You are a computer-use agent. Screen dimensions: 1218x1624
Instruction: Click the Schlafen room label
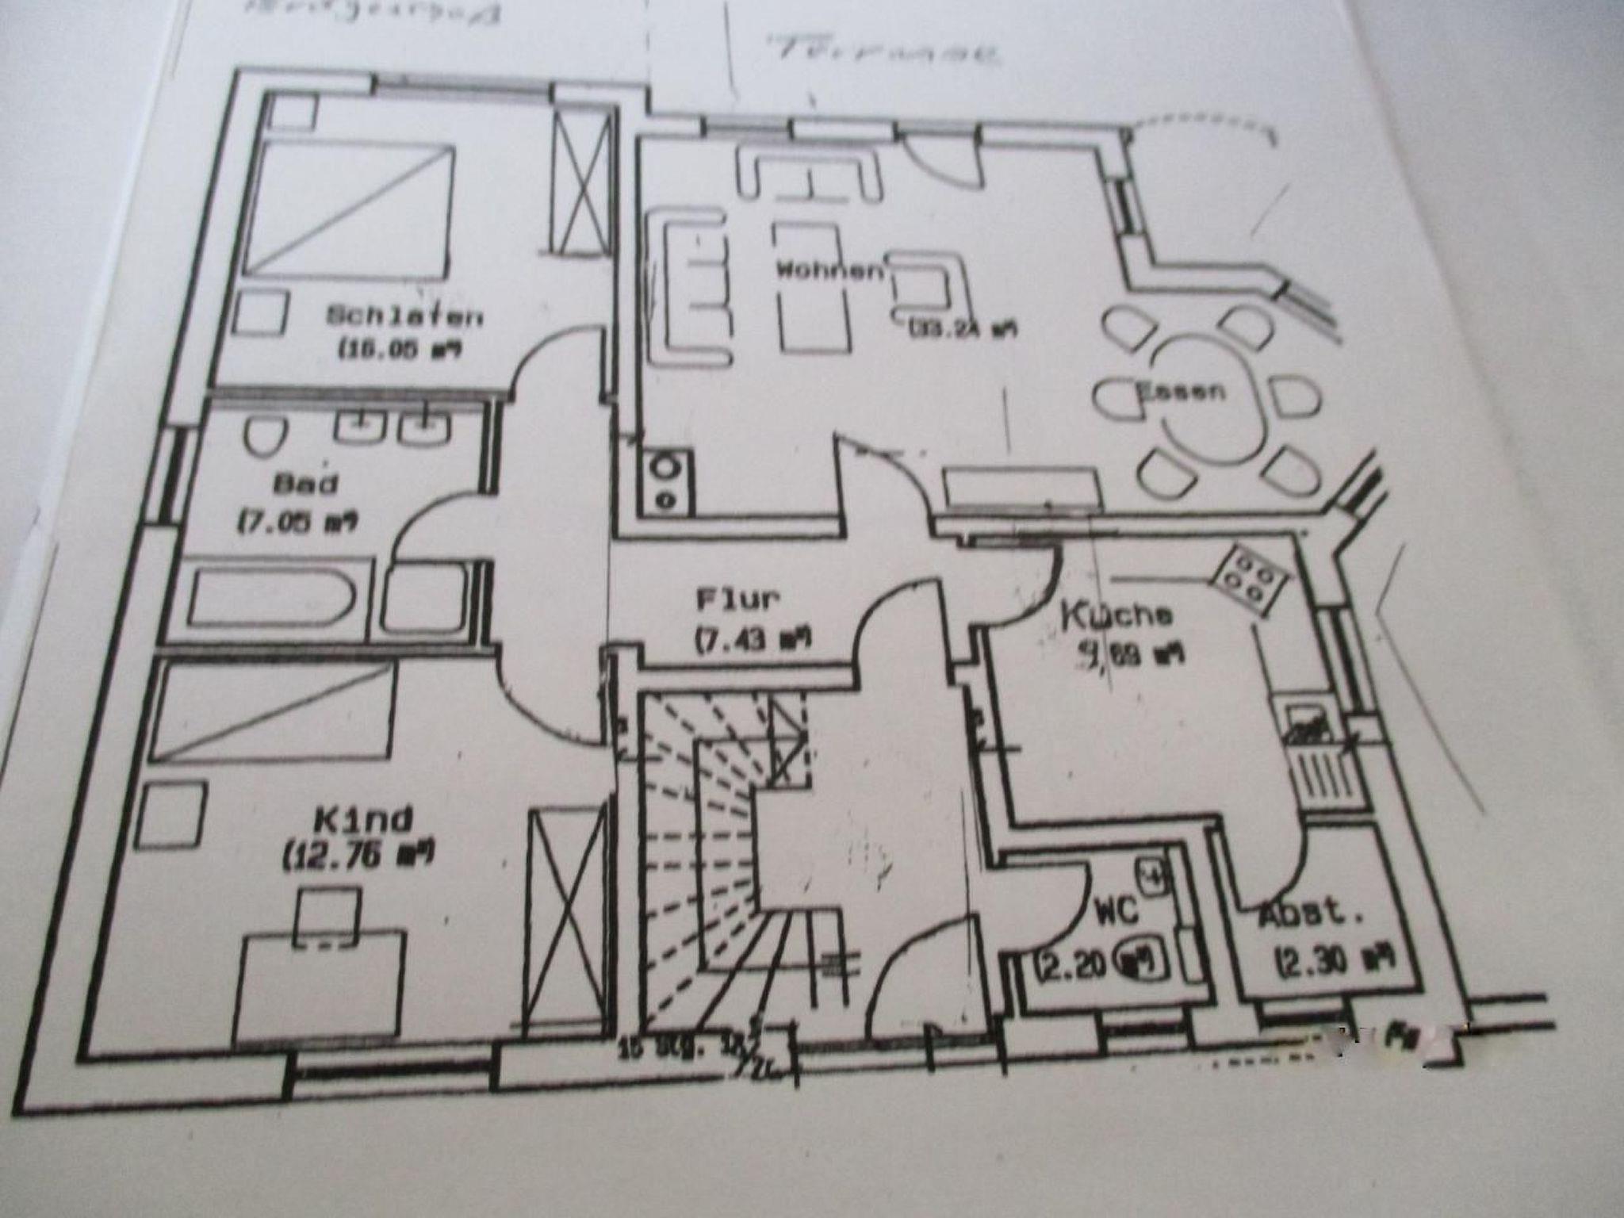point(404,316)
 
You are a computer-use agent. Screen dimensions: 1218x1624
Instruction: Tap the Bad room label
point(305,483)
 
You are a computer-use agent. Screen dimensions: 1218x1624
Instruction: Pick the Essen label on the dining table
point(1182,391)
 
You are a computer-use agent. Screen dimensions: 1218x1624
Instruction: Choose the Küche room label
point(1118,615)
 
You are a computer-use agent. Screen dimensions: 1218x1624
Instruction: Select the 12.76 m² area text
point(358,856)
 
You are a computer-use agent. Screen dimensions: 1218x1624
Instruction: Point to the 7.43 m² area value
point(753,639)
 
